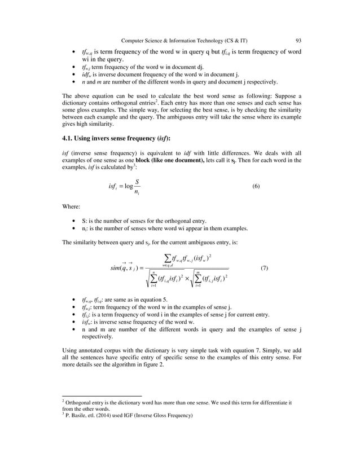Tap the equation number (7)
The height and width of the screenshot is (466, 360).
click(x=264, y=268)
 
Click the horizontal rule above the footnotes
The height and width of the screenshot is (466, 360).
click(x=101, y=395)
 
